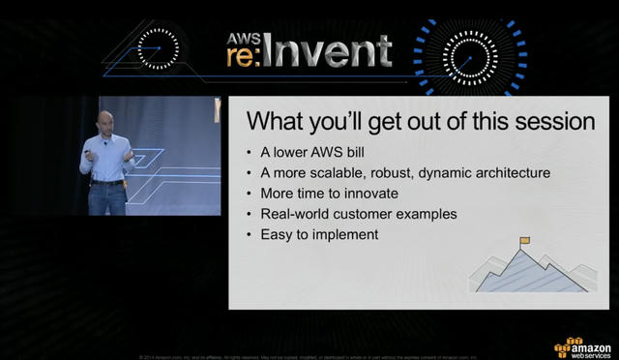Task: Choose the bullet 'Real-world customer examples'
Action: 359,214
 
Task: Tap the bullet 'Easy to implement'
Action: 325,234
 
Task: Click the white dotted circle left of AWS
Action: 158,45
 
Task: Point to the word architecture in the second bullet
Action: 510,173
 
